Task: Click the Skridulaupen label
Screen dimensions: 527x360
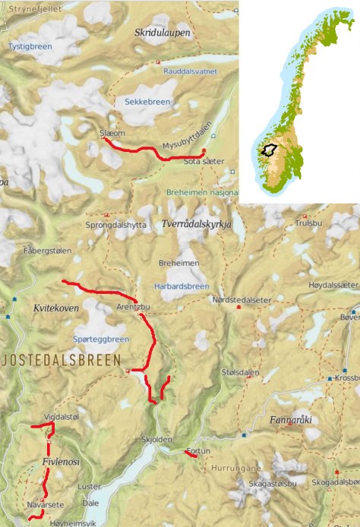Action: tap(162, 33)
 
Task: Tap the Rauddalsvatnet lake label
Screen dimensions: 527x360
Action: tap(190, 71)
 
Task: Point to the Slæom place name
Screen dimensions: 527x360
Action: tap(112, 133)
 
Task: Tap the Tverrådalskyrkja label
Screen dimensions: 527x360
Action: tap(196, 223)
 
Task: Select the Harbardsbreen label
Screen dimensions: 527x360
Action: tap(187, 286)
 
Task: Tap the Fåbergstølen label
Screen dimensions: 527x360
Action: tap(46, 249)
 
